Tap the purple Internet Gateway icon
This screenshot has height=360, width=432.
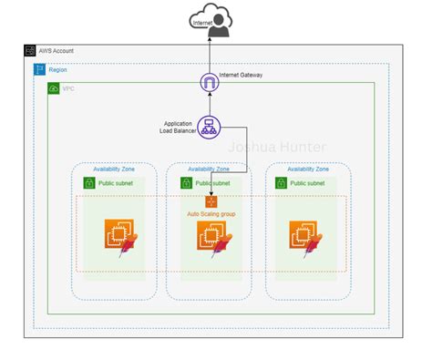tap(210, 83)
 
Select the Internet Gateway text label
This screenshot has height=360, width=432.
tap(241, 75)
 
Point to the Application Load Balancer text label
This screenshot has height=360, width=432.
tap(177, 127)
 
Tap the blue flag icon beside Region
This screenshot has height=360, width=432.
tap(39, 69)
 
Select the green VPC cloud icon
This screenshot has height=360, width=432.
tap(54, 87)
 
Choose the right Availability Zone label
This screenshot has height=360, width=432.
tap(309, 169)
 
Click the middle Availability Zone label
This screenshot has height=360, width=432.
tap(210, 169)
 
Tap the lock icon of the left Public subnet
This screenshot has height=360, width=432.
tap(89, 183)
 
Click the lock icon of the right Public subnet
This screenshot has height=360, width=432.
tap(282, 183)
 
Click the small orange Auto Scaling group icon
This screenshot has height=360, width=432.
tap(211, 201)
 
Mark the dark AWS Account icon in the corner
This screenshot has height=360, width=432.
tap(30, 52)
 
